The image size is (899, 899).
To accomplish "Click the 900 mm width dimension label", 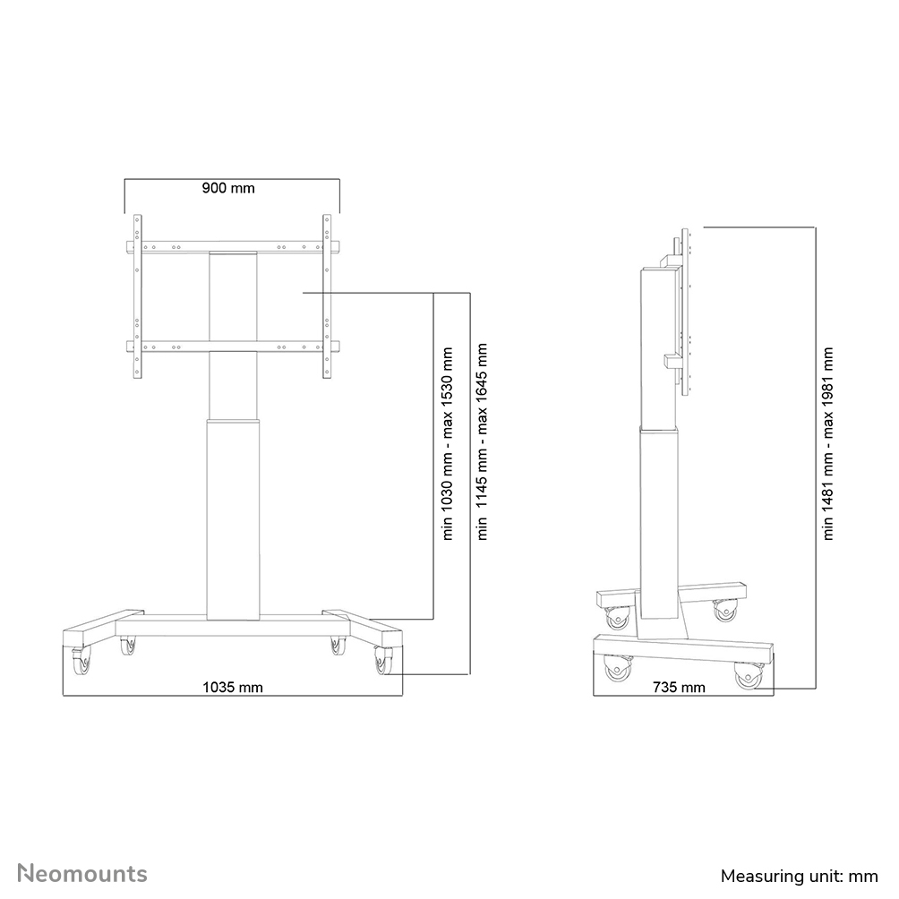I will (228, 188).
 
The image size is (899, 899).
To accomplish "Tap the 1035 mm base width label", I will (232, 688).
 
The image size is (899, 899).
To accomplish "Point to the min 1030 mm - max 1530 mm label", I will (449, 443).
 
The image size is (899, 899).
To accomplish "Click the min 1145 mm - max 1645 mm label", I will (484, 443).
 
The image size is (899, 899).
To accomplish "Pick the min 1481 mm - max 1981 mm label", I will (828, 443).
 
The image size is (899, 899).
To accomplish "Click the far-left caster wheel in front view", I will (81, 662).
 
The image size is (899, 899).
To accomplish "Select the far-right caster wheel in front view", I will (384, 663).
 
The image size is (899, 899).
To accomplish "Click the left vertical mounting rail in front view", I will (137, 295).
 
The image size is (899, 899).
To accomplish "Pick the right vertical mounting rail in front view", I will (327, 295).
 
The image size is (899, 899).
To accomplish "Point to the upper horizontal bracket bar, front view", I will (232, 248).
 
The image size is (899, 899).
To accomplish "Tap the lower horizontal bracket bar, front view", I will (232, 347).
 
